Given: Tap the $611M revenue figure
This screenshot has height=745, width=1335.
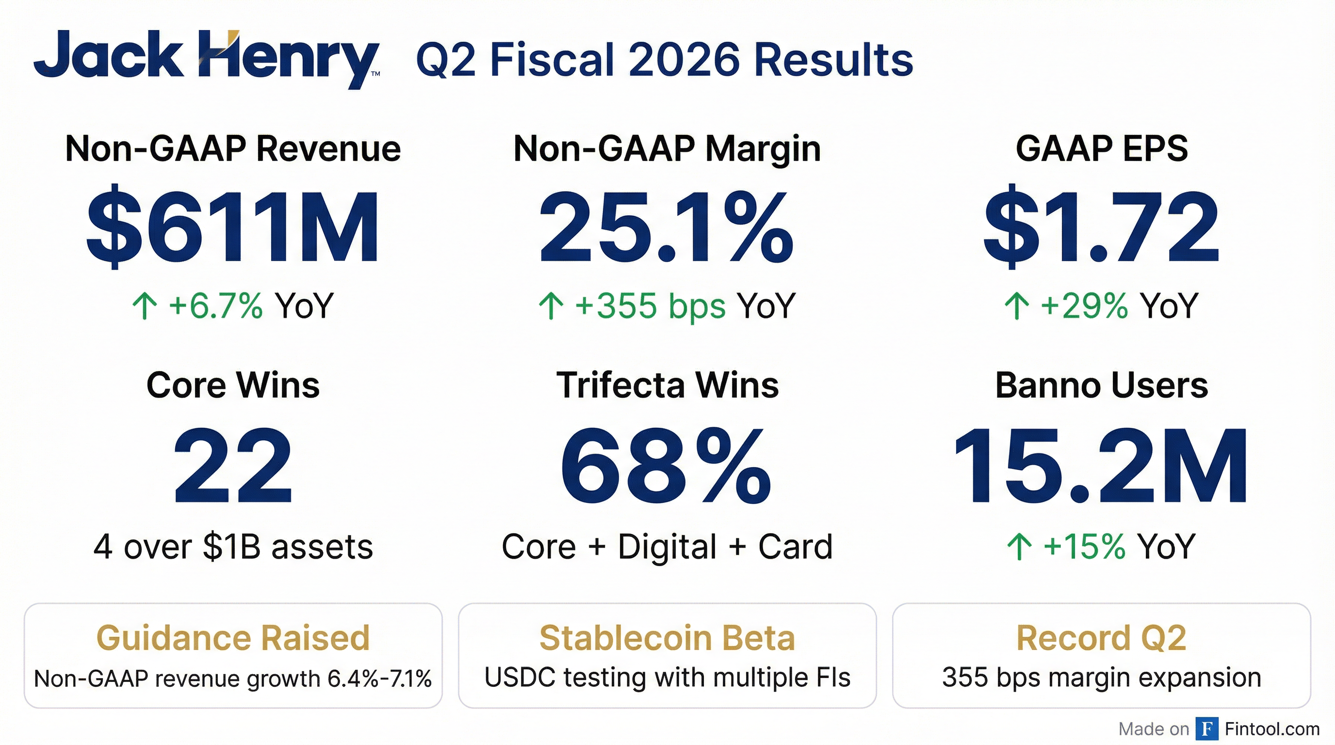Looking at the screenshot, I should click(x=233, y=227).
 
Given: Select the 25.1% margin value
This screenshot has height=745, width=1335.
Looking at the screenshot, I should click(x=667, y=227).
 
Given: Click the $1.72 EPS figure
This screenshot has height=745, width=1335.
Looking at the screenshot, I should click(x=1101, y=227).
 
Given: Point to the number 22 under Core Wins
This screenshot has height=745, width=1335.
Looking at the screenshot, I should click(x=233, y=465).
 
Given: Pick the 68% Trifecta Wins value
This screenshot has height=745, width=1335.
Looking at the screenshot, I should click(x=667, y=465).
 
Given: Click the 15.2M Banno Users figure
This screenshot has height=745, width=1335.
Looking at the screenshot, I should click(x=1101, y=465).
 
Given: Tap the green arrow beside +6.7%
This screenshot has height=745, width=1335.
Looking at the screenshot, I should click(x=145, y=306).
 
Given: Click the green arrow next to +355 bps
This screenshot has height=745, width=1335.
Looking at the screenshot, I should click(x=551, y=306).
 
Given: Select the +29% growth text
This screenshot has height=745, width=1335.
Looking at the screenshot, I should click(x=1084, y=306).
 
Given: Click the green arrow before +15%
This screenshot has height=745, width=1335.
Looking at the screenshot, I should click(x=1019, y=547).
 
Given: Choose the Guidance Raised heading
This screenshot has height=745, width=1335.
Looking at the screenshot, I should click(x=233, y=638).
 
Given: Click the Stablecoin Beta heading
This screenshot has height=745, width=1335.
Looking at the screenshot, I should click(x=667, y=638).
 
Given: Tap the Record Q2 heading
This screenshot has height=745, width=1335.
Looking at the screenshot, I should click(x=1101, y=638).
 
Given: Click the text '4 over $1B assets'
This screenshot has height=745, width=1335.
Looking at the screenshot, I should click(x=233, y=547).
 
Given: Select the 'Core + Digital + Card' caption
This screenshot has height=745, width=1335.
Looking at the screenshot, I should click(x=667, y=547).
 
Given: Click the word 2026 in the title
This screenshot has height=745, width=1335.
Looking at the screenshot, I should click(x=685, y=60).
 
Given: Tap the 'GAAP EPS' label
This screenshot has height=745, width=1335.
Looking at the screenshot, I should click(x=1101, y=149).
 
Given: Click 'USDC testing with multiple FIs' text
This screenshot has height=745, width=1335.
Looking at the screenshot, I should click(x=667, y=678).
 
